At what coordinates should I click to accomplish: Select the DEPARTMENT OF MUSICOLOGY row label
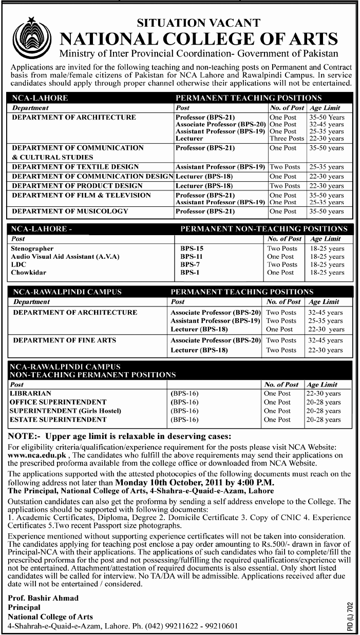[70, 211]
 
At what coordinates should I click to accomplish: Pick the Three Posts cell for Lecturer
[287, 139]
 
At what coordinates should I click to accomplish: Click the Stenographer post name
[32, 248]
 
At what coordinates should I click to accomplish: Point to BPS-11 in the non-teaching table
[190, 256]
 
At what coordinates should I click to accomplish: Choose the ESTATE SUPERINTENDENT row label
[58, 419]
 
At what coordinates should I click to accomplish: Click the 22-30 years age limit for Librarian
[324, 393]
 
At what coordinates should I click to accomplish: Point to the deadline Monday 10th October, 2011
[183, 483]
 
